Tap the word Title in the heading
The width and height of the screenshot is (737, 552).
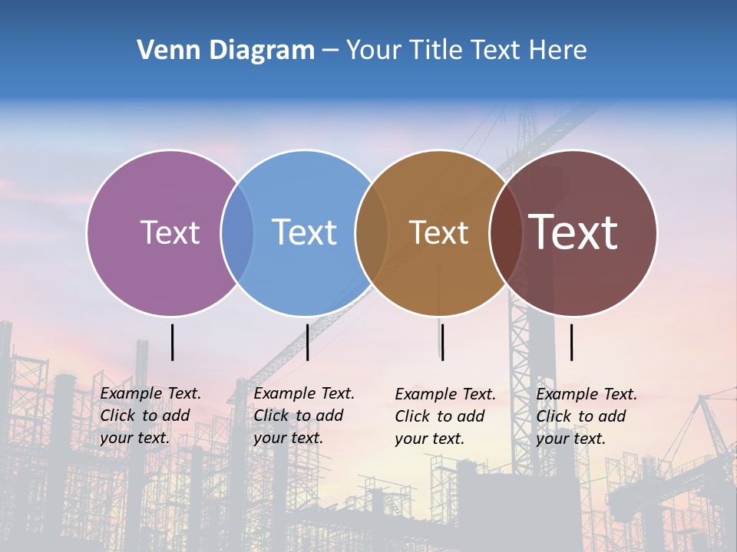pos(437,51)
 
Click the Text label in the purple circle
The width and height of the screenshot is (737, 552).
pos(170,232)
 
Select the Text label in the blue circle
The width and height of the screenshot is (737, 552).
pos(304,232)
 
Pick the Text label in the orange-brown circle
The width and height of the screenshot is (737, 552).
pos(438,232)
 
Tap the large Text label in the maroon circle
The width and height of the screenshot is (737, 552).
pos(573,232)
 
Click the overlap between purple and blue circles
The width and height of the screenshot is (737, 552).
pos(237,232)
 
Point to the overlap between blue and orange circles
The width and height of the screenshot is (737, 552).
pos(372,232)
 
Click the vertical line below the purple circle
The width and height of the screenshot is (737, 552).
pos(173,342)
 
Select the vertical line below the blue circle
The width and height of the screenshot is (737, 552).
pos(307,342)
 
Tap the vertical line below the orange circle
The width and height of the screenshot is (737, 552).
pos(442,342)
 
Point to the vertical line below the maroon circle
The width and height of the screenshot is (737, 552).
pos(571,342)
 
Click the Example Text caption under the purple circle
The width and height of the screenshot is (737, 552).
pos(150,416)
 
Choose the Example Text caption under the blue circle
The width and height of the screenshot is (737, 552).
pos(304,416)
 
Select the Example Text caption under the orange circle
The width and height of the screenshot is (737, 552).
pos(445,416)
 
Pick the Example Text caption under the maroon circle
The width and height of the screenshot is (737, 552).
pos(587,416)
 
